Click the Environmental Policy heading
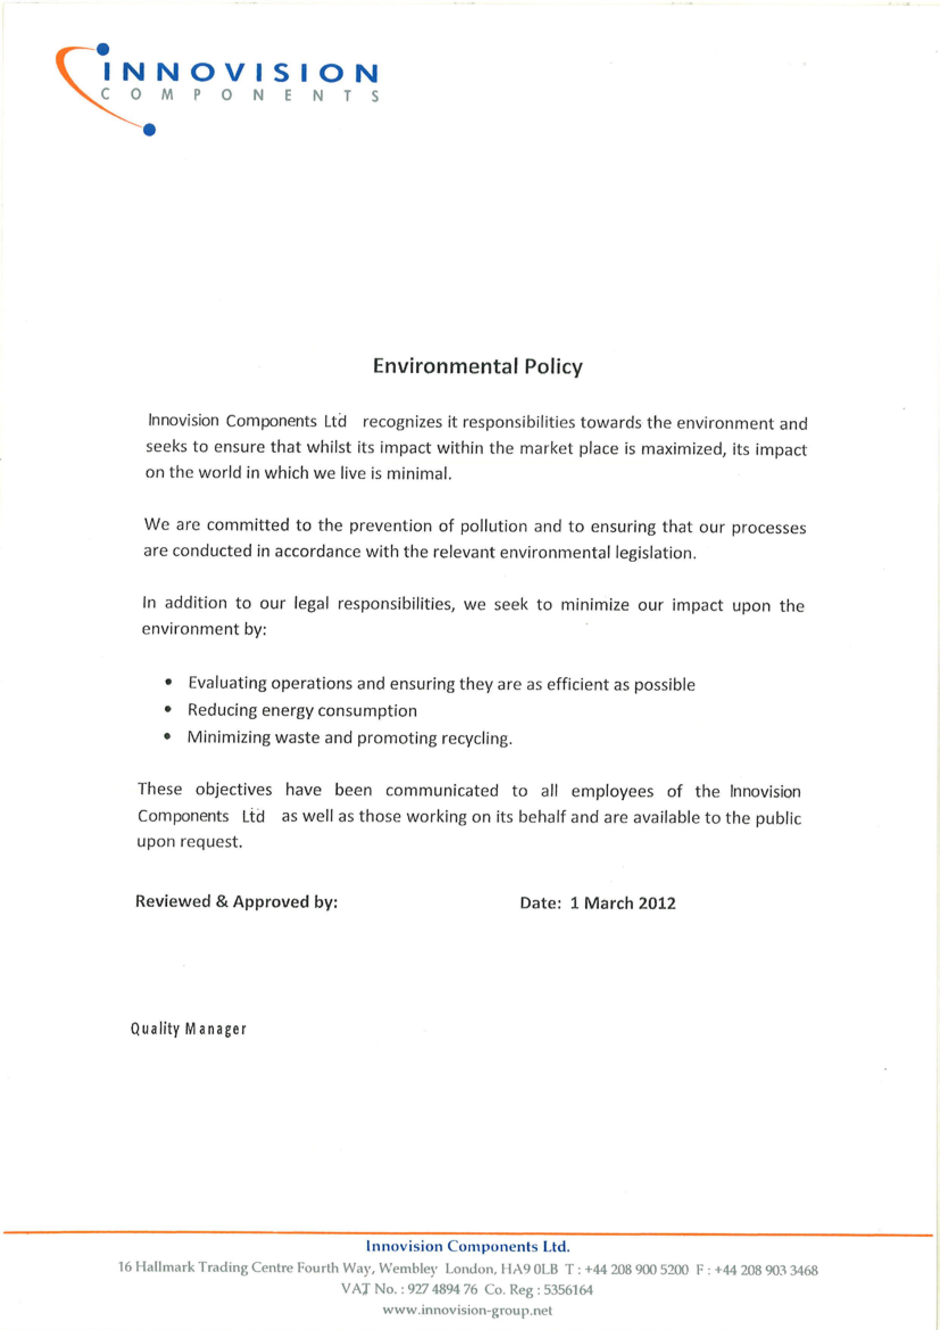tap(478, 367)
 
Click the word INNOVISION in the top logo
tap(240, 73)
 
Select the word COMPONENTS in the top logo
tap(240, 96)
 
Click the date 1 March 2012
tap(623, 903)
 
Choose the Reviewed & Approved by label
tap(236, 901)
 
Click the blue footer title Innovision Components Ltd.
tap(468, 1246)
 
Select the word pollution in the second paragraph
tap(493, 526)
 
